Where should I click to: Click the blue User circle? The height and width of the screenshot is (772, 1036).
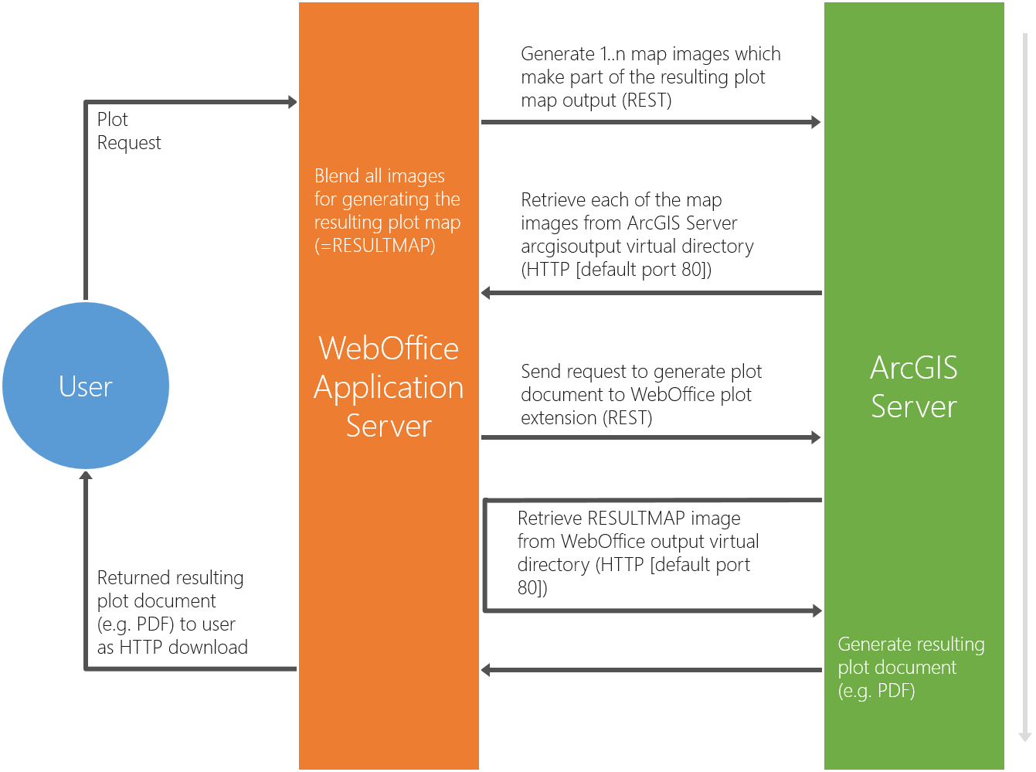pyautogui.click(x=86, y=386)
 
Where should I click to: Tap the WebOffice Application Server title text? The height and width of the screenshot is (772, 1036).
pyautogui.click(x=389, y=386)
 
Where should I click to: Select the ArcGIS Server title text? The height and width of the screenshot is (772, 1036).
pyautogui.click(x=914, y=387)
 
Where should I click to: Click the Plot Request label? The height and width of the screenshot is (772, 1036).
pyautogui.click(x=129, y=131)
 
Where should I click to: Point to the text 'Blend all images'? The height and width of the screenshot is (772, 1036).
pyautogui.click(x=379, y=176)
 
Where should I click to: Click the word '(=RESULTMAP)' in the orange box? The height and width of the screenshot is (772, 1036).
pyautogui.click(x=375, y=246)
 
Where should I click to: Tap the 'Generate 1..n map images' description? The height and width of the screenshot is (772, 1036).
pyautogui.click(x=650, y=77)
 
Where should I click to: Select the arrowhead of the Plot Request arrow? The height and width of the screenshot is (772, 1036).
pyautogui.click(x=292, y=102)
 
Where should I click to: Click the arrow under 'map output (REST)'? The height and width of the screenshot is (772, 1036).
pyautogui.click(x=650, y=122)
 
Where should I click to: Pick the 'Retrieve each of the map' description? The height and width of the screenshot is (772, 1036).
pyautogui.click(x=637, y=234)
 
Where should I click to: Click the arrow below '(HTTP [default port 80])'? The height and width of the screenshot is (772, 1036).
pyautogui.click(x=650, y=293)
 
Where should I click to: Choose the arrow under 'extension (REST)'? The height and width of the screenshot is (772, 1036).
pyautogui.click(x=650, y=437)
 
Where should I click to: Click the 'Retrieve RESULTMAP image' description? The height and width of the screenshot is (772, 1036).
pyautogui.click(x=637, y=553)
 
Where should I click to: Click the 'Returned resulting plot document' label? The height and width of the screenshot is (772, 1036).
pyautogui.click(x=172, y=612)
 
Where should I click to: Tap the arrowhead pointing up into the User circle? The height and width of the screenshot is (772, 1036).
pyautogui.click(x=86, y=476)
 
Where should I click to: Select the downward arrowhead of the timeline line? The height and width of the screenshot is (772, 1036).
pyautogui.click(x=1025, y=736)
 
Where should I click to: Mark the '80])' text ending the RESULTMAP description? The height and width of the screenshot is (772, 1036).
pyautogui.click(x=532, y=588)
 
